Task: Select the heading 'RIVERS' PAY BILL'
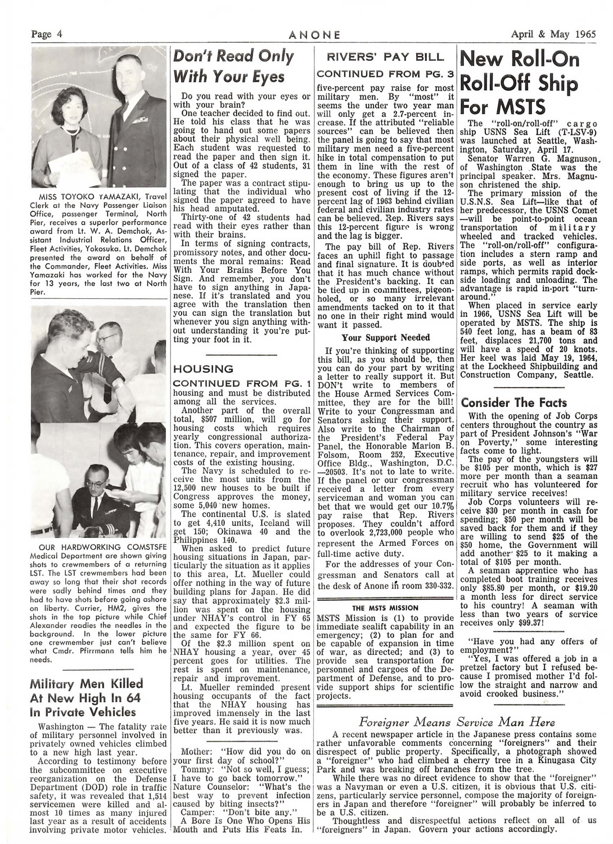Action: pyautogui.click(x=386, y=57)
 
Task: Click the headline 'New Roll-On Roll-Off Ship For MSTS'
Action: pyautogui.click(x=520, y=82)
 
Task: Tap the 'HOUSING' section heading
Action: pyautogui.click(x=203, y=369)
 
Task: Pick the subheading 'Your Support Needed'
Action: pyautogui.click(x=378, y=338)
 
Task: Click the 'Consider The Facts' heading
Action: pyautogui.click(x=514, y=402)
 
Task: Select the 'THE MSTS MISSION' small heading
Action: pyautogui.click(x=385, y=608)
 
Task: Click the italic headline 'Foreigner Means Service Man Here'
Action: pyautogui.click(x=457, y=722)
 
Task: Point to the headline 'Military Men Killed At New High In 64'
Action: pyautogui.click(x=87, y=697)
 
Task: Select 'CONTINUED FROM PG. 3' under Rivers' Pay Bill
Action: pyautogui.click(x=386, y=74)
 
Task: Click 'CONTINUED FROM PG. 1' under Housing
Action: pyautogui.click(x=242, y=384)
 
